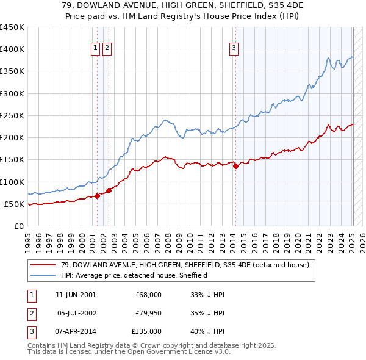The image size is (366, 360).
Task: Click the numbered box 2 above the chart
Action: click(x=107, y=49)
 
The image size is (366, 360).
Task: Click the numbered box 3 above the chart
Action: click(x=234, y=49)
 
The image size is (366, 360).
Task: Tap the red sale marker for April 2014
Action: click(x=235, y=166)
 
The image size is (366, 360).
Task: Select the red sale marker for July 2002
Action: click(x=109, y=190)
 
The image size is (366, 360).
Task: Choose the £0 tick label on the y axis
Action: click(x=19, y=226)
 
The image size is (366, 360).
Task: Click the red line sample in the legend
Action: click(x=43, y=265)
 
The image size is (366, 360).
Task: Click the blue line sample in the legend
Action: click(x=43, y=275)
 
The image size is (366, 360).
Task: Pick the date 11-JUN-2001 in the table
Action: click(x=75, y=295)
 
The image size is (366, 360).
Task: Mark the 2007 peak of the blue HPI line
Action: click(x=164, y=120)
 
